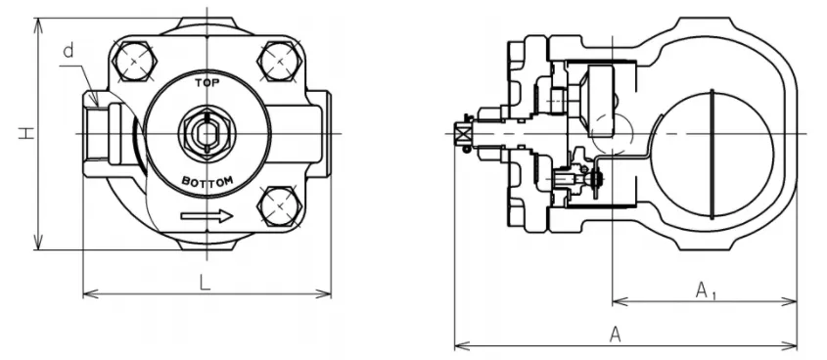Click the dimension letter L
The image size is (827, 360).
[205, 282]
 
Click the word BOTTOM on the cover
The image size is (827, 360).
[207, 183]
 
